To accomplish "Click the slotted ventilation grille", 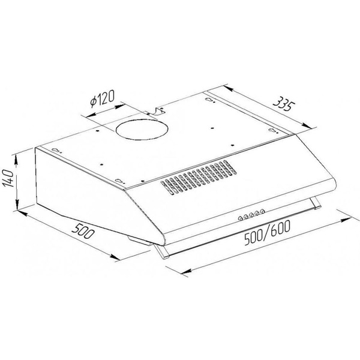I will (198, 177).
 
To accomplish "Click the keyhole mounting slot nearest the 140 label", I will (57, 150).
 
